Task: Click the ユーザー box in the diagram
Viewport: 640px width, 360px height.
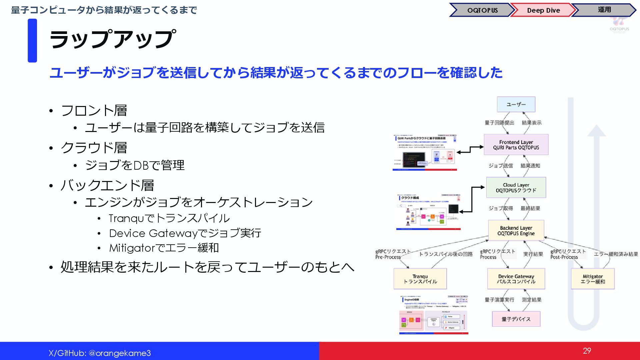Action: coord(516,104)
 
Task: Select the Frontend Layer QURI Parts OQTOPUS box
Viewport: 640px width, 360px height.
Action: coord(516,145)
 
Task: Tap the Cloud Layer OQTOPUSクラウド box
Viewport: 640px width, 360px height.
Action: coord(516,188)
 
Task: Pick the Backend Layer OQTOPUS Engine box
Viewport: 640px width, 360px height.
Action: coord(516,231)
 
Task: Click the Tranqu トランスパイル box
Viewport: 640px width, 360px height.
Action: coord(420,279)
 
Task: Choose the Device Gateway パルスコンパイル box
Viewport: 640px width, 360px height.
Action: coord(516,279)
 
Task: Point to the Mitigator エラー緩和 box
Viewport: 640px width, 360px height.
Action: coord(593,279)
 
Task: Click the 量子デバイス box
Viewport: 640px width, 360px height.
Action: coord(516,319)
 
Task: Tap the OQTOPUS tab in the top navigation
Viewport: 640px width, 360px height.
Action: coord(482,10)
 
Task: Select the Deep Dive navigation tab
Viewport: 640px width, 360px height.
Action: coord(543,10)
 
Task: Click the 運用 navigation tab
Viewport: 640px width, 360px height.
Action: coord(604,10)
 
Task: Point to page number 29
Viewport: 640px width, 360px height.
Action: coord(587,351)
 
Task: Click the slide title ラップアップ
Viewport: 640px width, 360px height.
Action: coord(112,39)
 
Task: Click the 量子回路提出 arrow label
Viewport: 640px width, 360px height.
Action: coord(499,123)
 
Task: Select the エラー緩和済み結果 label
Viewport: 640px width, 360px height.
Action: coord(616,254)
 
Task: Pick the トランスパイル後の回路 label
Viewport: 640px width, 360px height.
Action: coord(446,254)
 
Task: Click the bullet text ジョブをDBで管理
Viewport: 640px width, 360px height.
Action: coord(135,165)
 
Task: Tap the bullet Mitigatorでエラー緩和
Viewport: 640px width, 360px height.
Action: coord(164,248)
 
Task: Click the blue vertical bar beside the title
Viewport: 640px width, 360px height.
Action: coord(32,40)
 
